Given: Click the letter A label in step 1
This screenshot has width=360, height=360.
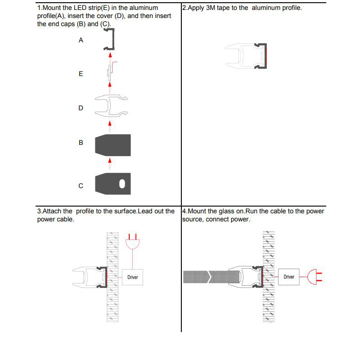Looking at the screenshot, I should pyautogui.click(x=81, y=40).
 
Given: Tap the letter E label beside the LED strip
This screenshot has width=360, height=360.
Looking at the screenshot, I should pyautogui.click(x=81, y=74).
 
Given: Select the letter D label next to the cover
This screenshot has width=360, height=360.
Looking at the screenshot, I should pyautogui.click(x=81, y=108).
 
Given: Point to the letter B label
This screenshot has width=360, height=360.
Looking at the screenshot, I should pyautogui.click(x=81, y=143).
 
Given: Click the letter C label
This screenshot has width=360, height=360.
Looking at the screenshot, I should pyautogui.click(x=81, y=186).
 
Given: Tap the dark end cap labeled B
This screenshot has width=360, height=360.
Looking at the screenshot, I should pyautogui.click(x=113, y=145).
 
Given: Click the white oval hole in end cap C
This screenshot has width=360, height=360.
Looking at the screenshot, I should pyautogui.click(x=122, y=184).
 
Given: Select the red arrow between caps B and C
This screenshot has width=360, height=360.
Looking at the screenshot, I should pyautogui.click(x=109, y=161).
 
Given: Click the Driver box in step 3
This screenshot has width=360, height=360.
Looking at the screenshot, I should pyautogui.click(x=132, y=277).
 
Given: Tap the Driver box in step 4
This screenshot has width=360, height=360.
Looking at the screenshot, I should pyautogui.click(x=288, y=277).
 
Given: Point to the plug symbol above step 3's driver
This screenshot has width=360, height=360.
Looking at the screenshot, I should pyautogui.click(x=132, y=243).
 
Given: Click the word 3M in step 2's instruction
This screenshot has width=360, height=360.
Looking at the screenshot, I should pyautogui.click(x=211, y=8).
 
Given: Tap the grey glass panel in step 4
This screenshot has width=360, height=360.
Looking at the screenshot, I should pyautogui.click(x=205, y=277).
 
